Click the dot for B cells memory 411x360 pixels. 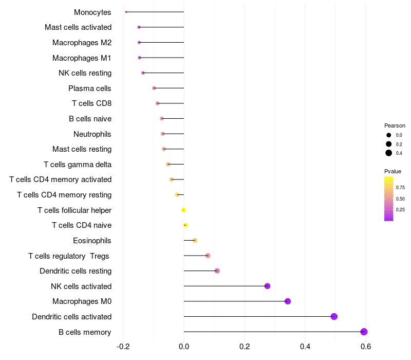pyautogui.click(x=364, y=332)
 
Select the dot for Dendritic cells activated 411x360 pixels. pyautogui.click(x=334, y=316)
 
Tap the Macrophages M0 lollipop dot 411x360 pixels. pyautogui.click(x=288, y=301)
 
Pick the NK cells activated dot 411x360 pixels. pyautogui.click(x=267, y=286)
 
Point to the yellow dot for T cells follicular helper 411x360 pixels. pyautogui.click(x=183, y=210)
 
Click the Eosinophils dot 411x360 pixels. pyautogui.click(x=195, y=240)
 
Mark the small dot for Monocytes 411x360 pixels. pyautogui.click(x=126, y=12)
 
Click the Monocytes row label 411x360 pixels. pyautogui.click(x=92, y=12)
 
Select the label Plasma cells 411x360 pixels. pyautogui.click(x=90, y=88)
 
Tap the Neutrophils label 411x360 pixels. pyautogui.click(x=92, y=134)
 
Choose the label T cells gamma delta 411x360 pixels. pyautogui.click(x=78, y=165)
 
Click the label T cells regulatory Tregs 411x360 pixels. pyautogui.click(x=69, y=256)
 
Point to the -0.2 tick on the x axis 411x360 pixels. pyautogui.click(x=123, y=346)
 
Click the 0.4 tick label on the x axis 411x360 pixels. pyautogui.click(x=305, y=346)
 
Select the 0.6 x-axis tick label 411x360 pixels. pyautogui.click(x=366, y=346)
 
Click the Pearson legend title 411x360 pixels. pyautogui.click(x=395, y=125)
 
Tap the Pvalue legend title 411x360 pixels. pyautogui.click(x=393, y=171)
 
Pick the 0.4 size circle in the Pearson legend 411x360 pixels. pyautogui.click(x=389, y=153)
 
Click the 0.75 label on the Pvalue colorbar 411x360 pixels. pyautogui.click(x=400, y=188)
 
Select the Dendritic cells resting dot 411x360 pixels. pyautogui.click(x=217, y=271)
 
